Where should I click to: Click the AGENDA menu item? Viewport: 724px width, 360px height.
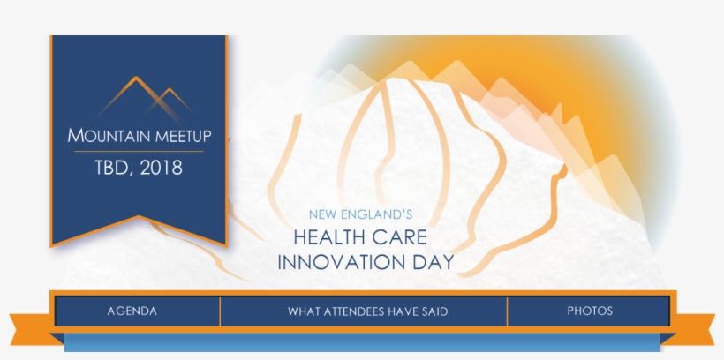point(132,311)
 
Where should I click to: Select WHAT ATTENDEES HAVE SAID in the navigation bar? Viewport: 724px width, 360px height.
point(368,311)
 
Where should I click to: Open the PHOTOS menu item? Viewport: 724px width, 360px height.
point(590,311)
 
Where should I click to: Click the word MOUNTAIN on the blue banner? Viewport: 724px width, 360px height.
point(109,136)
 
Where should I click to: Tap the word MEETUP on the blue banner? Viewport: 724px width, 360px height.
point(184,137)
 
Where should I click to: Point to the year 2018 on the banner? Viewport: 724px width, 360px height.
point(162,168)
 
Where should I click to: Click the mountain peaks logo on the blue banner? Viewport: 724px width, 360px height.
point(144,100)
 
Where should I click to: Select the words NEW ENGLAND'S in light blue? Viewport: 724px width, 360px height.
point(360,214)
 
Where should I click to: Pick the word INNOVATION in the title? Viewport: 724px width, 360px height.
point(340,262)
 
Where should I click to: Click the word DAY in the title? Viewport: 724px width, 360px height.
point(432,262)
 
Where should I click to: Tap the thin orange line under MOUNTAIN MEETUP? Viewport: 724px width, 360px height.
point(139,152)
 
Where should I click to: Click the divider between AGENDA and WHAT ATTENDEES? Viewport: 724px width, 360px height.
point(220,311)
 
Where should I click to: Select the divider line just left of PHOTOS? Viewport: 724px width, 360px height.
point(507,311)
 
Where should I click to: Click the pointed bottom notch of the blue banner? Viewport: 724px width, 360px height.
point(139,217)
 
